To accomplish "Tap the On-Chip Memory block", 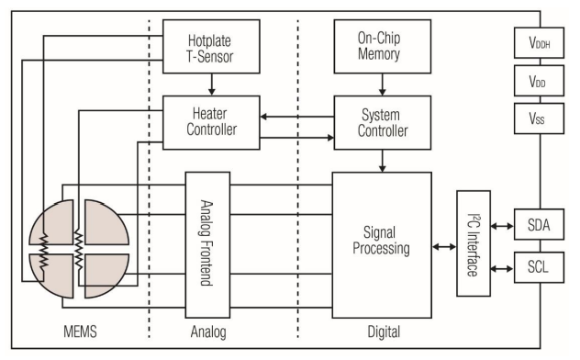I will pos(381,47).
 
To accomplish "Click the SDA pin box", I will pos(538,223).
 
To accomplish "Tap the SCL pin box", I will pos(538,267).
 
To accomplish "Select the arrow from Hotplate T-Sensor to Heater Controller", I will pos(212,84).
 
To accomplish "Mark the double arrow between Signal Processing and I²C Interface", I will pos(443,246).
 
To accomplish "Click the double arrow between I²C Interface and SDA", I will pos(503,223).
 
